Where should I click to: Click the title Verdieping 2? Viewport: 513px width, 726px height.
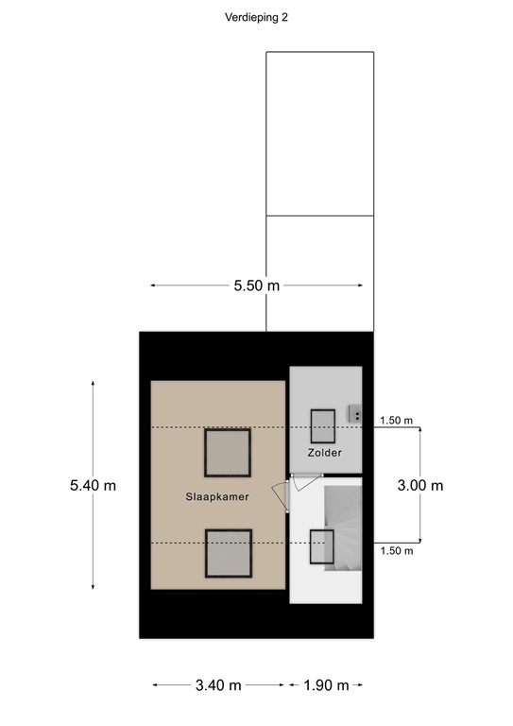(x=257, y=17)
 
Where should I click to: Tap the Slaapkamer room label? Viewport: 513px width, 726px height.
(x=217, y=495)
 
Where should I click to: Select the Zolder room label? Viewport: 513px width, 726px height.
(x=324, y=453)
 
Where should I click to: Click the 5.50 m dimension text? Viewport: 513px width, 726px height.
(x=257, y=285)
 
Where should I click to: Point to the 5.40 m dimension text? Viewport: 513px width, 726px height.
(x=93, y=485)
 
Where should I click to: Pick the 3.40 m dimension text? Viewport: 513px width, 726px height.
(x=218, y=685)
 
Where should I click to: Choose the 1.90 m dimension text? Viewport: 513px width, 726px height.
(x=325, y=685)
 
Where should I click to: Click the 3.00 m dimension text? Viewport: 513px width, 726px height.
(x=419, y=485)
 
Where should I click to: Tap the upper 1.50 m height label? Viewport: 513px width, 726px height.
(x=396, y=421)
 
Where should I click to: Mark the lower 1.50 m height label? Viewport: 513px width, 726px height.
(x=396, y=550)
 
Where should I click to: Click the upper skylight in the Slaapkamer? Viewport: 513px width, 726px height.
(x=228, y=453)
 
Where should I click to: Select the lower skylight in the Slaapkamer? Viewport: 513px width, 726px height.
(x=228, y=553)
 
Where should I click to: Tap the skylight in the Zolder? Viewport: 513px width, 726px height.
(x=324, y=425)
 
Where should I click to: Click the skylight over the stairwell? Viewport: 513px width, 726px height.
(x=322, y=547)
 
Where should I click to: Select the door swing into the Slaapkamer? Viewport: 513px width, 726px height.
(x=280, y=495)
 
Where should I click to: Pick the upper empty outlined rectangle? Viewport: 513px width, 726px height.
(x=320, y=133)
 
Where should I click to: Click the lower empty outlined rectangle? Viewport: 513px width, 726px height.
(x=320, y=273)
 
